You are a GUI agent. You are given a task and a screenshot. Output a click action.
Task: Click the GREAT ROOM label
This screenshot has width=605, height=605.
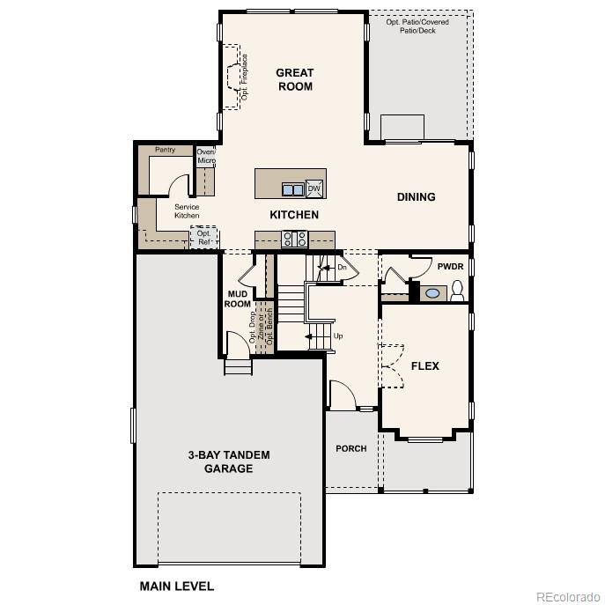[x=294, y=79]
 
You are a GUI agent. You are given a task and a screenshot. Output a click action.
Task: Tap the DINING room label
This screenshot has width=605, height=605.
[x=416, y=197]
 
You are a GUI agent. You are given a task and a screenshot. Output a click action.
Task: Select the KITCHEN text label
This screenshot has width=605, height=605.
[x=293, y=215]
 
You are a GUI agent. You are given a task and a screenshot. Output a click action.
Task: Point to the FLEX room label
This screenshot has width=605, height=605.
[x=424, y=366]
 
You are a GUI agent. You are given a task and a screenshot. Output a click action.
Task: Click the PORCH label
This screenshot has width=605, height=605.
[x=350, y=449]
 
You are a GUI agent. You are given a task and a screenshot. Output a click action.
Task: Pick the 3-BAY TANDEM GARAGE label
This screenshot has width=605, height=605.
[x=228, y=461]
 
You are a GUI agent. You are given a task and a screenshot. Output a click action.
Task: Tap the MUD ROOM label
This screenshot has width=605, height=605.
[x=238, y=299]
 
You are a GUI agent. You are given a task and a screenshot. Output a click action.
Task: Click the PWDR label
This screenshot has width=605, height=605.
[x=450, y=267]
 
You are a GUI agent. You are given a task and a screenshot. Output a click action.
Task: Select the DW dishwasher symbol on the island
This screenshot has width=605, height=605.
[x=314, y=188]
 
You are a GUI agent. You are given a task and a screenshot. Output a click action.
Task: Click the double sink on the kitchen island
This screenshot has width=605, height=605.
[x=292, y=189]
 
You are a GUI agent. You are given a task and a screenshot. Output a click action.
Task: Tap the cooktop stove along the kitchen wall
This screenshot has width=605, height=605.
[x=294, y=239]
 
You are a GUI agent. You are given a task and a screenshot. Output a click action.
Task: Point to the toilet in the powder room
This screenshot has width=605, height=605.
[x=457, y=291]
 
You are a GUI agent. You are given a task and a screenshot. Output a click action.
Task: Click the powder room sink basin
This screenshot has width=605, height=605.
[x=432, y=292]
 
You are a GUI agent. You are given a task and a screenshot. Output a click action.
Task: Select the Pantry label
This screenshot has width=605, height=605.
[x=165, y=150]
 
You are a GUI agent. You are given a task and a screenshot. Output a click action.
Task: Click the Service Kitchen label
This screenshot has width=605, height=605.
[x=187, y=211]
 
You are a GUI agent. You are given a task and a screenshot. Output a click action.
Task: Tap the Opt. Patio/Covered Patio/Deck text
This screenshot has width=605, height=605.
[x=417, y=26]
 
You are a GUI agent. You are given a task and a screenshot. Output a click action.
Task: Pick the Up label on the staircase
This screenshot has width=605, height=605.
[x=337, y=336]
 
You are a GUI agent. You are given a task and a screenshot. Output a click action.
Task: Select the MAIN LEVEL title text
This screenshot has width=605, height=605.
[x=176, y=586]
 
